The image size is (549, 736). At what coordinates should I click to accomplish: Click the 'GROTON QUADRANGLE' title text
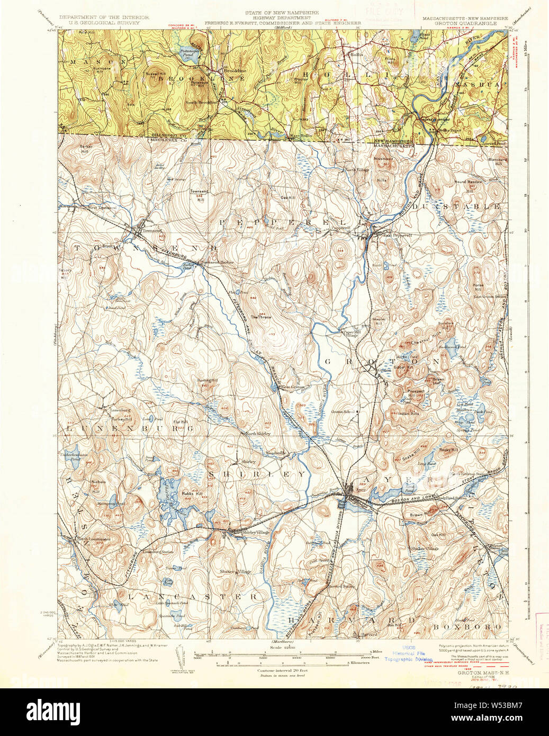coord(466,24)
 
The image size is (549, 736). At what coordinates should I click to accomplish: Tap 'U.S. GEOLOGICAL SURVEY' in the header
coord(104,24)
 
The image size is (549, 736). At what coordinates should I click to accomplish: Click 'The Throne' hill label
coord(261,317)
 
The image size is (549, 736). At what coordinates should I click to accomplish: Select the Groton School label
coord(343,411)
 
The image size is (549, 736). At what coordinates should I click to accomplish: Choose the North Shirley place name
coord(257,434)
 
